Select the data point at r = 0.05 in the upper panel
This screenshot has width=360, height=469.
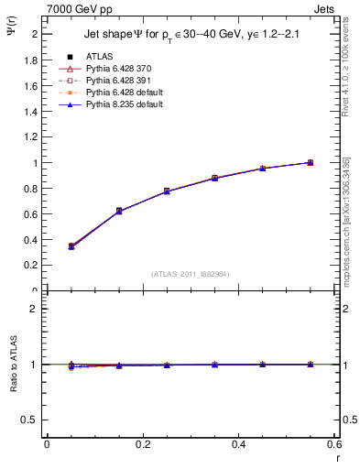pyautogui.click(x=71, y=246)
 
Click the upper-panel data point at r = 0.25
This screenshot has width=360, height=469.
pyautogui.click(x=167, y=191)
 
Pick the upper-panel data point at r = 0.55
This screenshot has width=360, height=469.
pyautogui.click(x=310, y=162)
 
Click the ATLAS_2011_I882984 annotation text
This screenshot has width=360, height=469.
pyautogui.click(x=190, y=273)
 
